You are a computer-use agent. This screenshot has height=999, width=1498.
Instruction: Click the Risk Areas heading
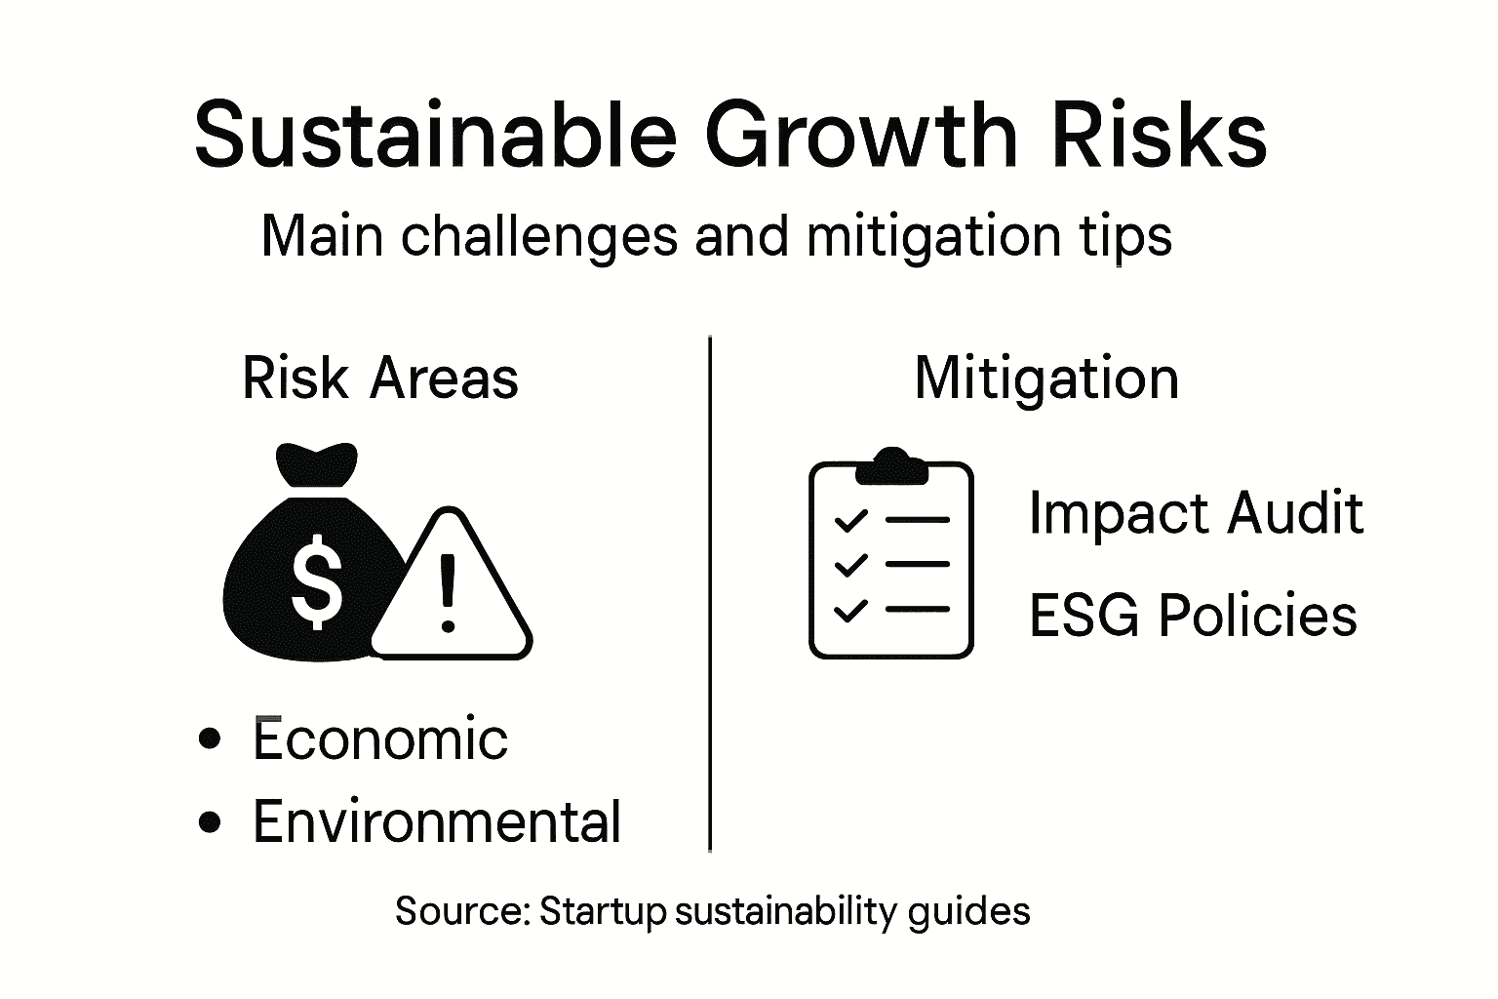(x=380, y=379)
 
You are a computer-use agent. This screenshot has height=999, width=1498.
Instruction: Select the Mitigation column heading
(x=1046, y=379)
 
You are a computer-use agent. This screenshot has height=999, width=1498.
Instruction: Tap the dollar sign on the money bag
(x=317, y=582)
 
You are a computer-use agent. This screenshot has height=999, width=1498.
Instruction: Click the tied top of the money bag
(x=317, y=463)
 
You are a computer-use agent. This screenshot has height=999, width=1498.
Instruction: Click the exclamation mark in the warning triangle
(x=448, y=593)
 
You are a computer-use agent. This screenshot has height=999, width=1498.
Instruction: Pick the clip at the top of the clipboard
(x=890, y=466)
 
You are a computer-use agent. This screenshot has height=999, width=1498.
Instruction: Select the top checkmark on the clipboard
(x=850, y=520)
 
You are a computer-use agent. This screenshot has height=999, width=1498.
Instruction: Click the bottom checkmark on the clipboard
(x=850, y=611)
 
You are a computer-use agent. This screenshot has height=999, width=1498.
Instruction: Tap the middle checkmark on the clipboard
(x=850, y=565)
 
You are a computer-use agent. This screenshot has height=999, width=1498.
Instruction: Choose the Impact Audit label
(x=1196, y=513)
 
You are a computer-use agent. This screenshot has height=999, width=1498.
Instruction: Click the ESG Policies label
(x=1193, y=616)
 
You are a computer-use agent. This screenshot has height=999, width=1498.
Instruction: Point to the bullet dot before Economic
(x=209, y=739)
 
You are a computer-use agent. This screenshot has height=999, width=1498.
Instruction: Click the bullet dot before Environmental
(x=209, y=822)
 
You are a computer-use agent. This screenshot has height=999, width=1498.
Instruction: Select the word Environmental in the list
(x=437, y=821)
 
